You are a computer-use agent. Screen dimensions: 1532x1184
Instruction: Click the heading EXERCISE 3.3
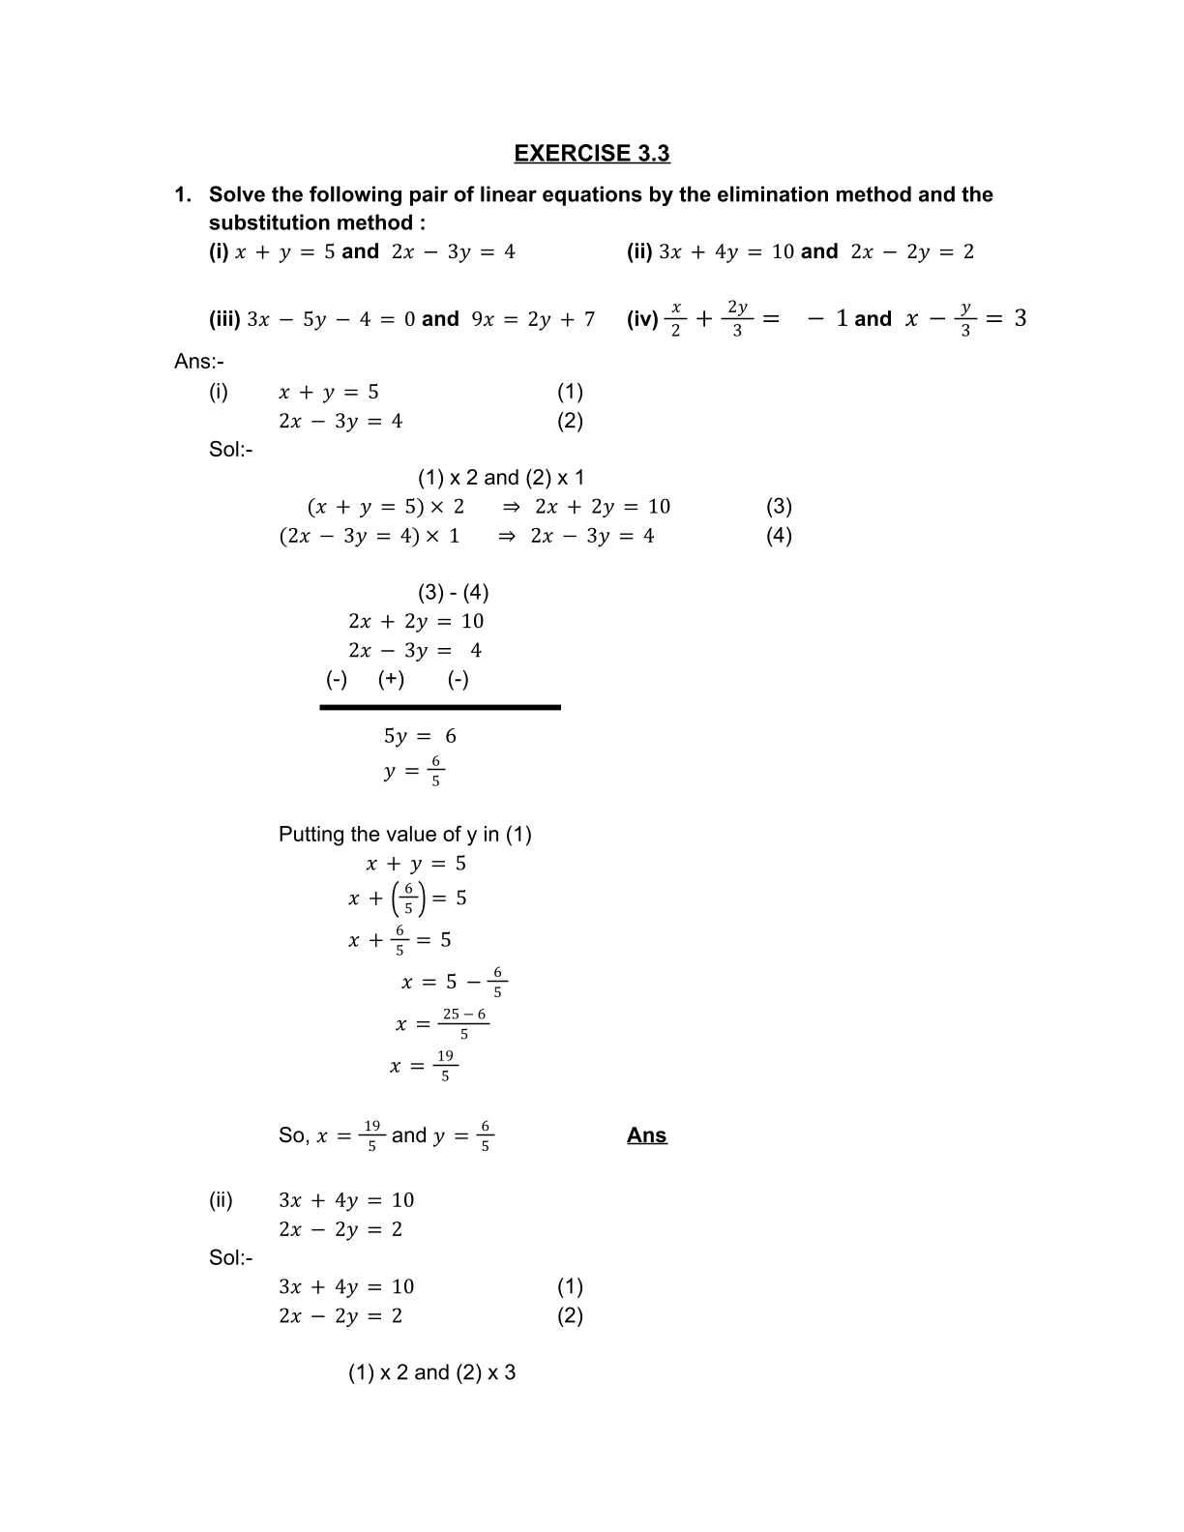click(591, 154)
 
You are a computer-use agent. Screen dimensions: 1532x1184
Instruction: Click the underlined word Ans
click(646, 1135)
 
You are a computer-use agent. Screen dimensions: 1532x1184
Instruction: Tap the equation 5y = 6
click(420, 736)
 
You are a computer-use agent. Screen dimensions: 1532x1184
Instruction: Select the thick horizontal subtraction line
click(440, 707)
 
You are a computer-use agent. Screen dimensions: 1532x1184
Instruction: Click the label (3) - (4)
click(453, 592)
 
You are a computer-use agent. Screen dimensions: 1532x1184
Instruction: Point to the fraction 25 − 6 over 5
click(464, 1023)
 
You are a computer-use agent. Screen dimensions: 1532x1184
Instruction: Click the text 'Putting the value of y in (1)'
click(404, 834)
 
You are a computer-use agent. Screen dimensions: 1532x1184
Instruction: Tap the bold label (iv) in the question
click(642, 319)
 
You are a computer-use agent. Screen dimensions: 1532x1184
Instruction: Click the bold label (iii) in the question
click(224, 319)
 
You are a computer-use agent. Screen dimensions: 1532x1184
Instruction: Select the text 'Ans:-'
click(199, 362)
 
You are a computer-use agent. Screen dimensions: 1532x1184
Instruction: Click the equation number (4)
click(779, 535)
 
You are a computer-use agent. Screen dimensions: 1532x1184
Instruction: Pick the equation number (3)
click(779, 506)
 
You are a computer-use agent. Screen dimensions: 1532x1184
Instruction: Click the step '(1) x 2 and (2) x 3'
click(431, 1372)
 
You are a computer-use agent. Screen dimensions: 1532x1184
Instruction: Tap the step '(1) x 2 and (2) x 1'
click(501, 478)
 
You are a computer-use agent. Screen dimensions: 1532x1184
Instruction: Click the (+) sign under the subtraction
click(391, 679)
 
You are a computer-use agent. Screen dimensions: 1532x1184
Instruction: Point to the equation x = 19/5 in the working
click(423, 1066)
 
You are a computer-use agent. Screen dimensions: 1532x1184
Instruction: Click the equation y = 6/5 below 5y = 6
click(414, 771)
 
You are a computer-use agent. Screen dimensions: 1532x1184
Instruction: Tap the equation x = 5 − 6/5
click(454, 982)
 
